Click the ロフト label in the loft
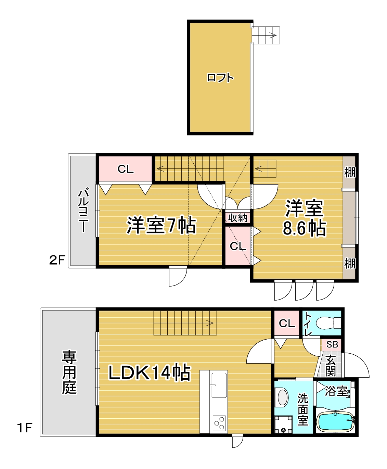(x=220, y=78)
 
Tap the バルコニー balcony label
(x=83, y=210)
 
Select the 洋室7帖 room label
(x=161, y=225)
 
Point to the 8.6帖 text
(x=304, y=228)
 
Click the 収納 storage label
(x=237, y=218)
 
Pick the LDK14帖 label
(x=150, y=373)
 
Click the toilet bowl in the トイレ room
(x=328, y=323)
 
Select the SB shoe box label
(x=332, y=344)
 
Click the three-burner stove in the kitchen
(x=219, y=423)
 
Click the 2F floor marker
(x=57, y=260)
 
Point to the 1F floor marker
(x=25, y=428)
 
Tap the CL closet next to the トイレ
(x=287, y=324)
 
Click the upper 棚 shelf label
(x=350, y=172)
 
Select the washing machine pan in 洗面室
(x=284, y=424)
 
